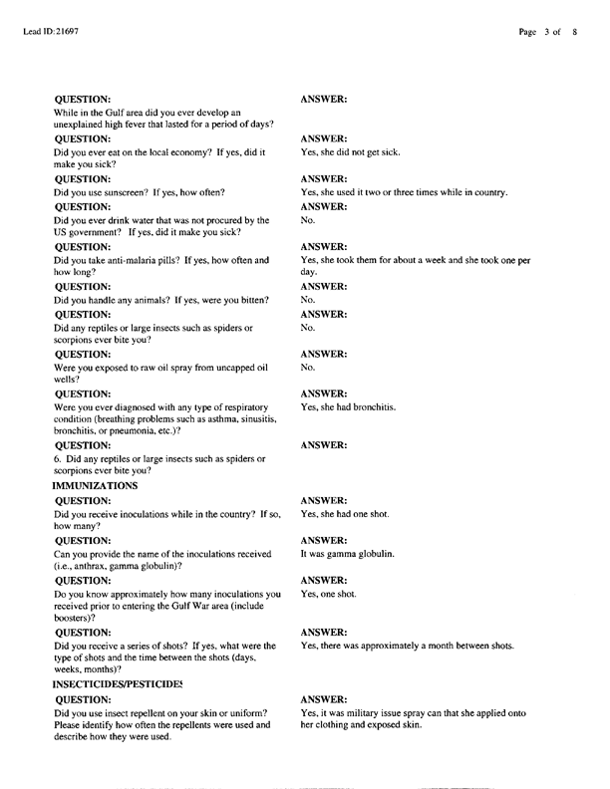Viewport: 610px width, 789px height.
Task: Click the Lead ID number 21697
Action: coord(66,32)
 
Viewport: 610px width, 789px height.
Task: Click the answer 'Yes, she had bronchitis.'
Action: coord(348,407)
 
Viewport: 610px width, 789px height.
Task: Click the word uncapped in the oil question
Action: coord(223,368)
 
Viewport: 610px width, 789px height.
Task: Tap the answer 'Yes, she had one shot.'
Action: coord(345,514)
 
